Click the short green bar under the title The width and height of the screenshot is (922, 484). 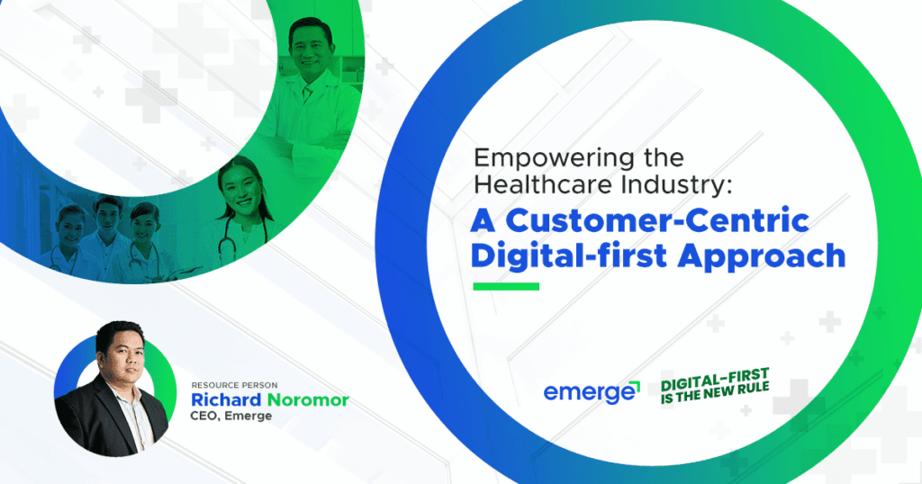tap(506, 287)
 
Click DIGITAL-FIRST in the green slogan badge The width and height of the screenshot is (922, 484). tap(715, 378)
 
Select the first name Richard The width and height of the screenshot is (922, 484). tap(225, 399)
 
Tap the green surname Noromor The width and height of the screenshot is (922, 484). tap(305, 399)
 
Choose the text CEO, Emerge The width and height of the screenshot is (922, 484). tap(231, 417)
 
